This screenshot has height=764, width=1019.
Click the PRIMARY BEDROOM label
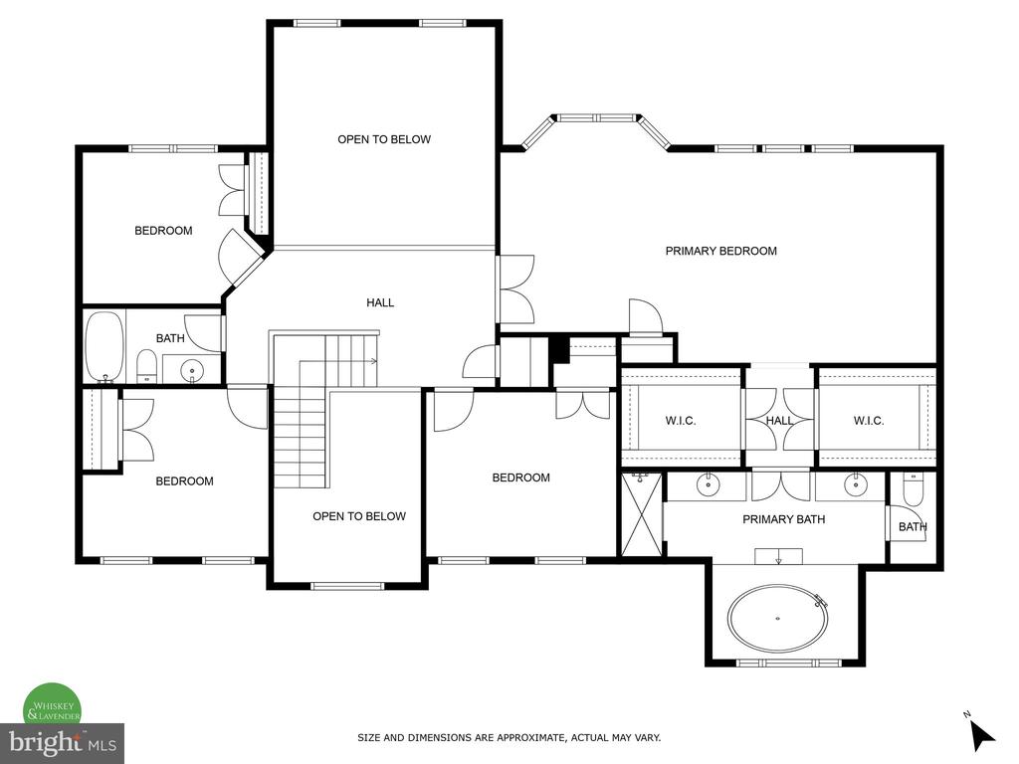(720, 251)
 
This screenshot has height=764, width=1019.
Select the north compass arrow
(982, 735)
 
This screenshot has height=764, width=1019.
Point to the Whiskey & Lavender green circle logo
(52, 705)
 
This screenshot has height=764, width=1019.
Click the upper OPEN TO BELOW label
(384, 139)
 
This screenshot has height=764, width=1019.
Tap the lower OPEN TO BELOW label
(358, 516)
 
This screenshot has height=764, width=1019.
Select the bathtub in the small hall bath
(104, 347)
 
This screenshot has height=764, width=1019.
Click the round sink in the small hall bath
(192, 371)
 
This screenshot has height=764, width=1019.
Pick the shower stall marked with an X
(642, 514)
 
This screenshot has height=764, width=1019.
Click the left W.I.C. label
(681, 421)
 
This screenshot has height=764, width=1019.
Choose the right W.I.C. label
(868, 421)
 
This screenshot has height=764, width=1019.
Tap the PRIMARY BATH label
(784, 519)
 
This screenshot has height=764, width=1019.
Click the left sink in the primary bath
(707, 483)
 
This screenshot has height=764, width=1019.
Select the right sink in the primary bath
(856, 483)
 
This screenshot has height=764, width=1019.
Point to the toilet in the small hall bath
(147, 366)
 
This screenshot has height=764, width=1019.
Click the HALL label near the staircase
(380, 302)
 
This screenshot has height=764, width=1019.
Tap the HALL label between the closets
(779, 421)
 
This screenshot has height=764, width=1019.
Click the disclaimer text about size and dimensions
(509, 738)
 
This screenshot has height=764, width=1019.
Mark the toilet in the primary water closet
(914, 488)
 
